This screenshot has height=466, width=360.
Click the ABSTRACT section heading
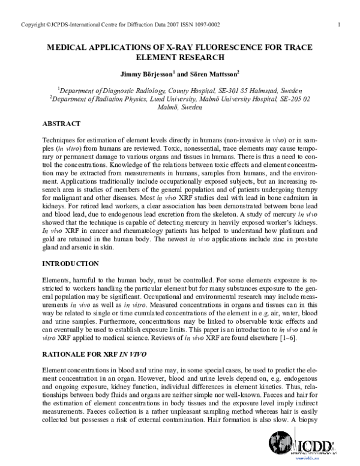pos(61,123)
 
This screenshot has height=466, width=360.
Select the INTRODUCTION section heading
pos(70,263)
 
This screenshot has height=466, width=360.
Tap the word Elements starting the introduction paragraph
pos(56,280)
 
